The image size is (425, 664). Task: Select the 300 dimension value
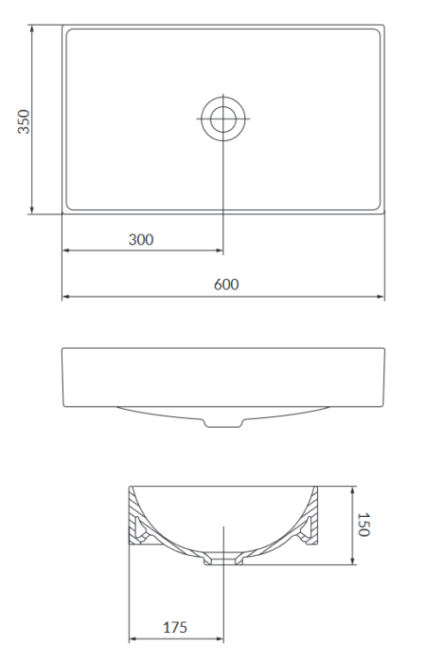141,239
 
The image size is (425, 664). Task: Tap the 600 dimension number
226,284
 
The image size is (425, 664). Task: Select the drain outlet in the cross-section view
222,560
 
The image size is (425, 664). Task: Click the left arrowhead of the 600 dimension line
65,297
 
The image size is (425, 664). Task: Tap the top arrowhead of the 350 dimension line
33,28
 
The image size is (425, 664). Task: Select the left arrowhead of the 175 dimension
133,638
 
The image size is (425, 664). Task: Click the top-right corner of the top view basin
384,26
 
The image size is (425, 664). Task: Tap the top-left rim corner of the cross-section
130,486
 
